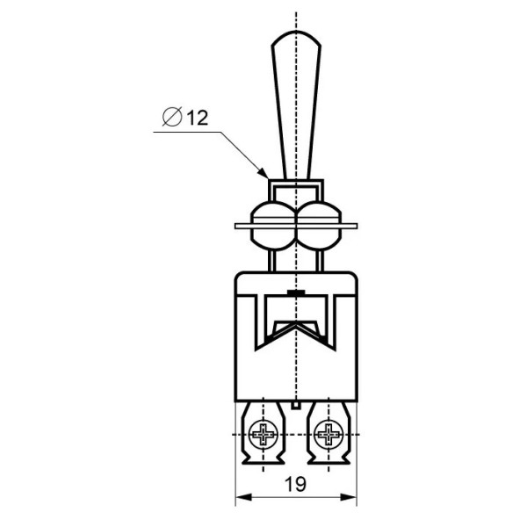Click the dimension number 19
pos(295,484)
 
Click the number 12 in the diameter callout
pos(198,118)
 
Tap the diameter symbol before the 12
pos(172,117)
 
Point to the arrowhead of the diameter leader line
pos(263,173)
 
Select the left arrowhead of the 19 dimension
pos(243,497)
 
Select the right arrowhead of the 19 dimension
pos(349,497)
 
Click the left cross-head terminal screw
pos(263,434)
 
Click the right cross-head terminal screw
pos(328,434)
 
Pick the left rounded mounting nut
pos(273,225)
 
